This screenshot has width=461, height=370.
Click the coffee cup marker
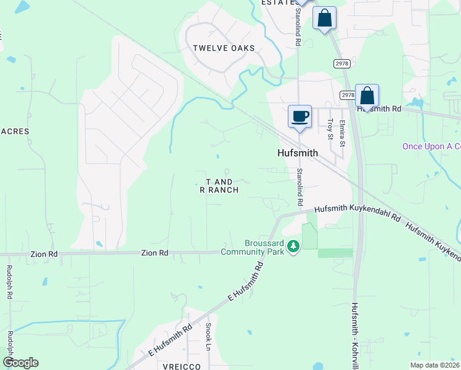300,117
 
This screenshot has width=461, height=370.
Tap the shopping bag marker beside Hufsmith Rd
367,96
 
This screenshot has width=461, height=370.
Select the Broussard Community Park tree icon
294,247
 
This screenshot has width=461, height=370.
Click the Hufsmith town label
297,153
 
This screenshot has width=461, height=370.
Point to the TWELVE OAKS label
219,48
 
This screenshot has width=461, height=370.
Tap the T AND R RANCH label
219,186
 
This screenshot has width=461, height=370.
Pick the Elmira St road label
343,132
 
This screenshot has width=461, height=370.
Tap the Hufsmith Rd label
379,109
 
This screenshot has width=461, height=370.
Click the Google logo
21,363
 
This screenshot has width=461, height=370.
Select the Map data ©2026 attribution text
434,364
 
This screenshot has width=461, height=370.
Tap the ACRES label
15,131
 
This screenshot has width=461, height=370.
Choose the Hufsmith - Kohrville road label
354,336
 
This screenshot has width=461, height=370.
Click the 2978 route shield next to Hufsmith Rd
347,95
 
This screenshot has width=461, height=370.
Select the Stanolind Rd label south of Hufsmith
300,186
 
